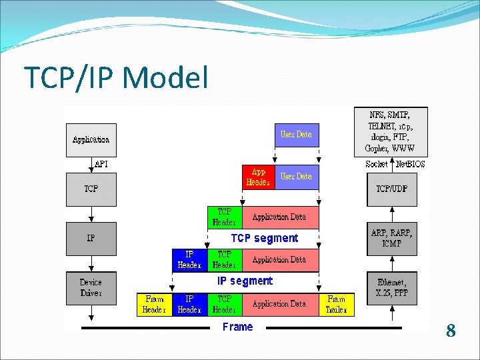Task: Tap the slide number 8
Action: point(451,331)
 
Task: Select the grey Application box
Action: point(91,140)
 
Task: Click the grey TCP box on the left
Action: point(91,189)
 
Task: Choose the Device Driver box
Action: point(91,287)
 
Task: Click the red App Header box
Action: point(258,177)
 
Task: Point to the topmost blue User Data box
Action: point(296,135)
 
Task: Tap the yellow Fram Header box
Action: point(154,304)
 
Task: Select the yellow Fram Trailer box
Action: point(337,304)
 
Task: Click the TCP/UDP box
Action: point(391,189)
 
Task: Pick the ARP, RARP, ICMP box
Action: point(391,239)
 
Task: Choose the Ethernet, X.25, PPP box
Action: point(391,287)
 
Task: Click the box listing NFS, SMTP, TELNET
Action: point(391,131)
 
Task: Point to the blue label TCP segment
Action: point(265,238)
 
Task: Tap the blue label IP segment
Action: point(245,281)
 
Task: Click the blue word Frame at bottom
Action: point(238,327)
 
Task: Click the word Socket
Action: point(377,164)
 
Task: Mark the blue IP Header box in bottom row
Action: point(189,304)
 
